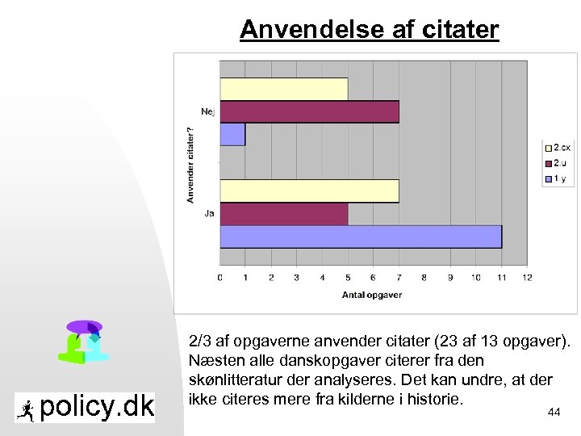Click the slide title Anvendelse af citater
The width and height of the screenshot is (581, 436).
pyautogui.click(x=370, y=30)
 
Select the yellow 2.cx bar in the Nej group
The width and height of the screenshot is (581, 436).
pyautogui.click(x=283, y=89)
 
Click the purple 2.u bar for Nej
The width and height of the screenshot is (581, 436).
pyautogui.click(x=309, y=111)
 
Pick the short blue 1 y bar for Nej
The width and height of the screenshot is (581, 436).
pyautogui.click(x=232, y=134)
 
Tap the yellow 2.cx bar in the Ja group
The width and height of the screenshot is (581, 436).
pyautogui.click(x=309, y=191)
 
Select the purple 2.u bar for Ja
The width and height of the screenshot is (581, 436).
pyautogui.click(x=283, y=214)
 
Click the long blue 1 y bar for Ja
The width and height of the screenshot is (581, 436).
pyautogui.click(x=360, y=237)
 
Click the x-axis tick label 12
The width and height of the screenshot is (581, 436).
pyautogui.click(x=527, y=277)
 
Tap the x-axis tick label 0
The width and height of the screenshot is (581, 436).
pyautogui.click(x=220, y=277)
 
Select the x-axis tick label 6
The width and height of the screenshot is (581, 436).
pyautogui.click(x=374, y=277)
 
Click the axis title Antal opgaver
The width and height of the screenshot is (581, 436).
pyautogui.click(x=373, y=295)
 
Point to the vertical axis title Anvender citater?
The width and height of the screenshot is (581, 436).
pyautogui.click(x=191, y=163)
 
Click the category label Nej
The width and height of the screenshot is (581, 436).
pyautogui.click(x=208, y=111)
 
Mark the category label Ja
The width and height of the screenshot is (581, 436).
pyautogui.click(x=210, y=213)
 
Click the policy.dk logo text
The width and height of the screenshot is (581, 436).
pyautogui.click(x=96, y=407)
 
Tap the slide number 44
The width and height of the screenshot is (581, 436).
pyautogui.click(x=554, y=413)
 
